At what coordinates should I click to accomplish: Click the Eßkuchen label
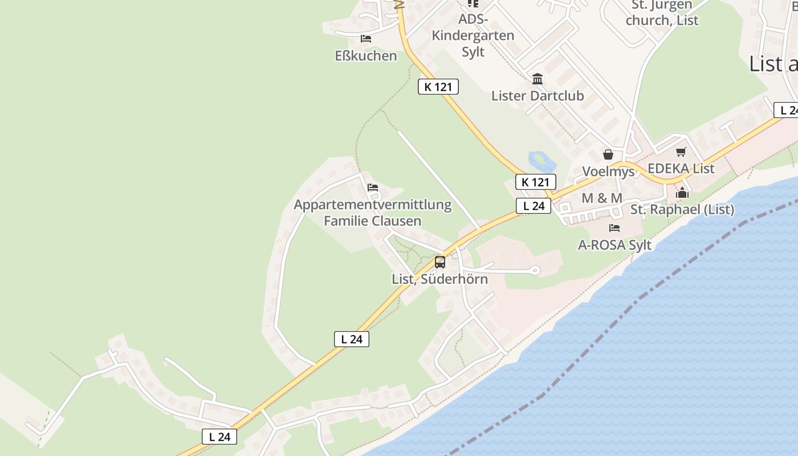pyautogui.click(x=365, y=55)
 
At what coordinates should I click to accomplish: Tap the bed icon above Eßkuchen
pyautogui.click(x=366, y=39)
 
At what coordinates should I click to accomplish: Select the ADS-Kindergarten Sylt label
pyautogui.click(x=473, y=35)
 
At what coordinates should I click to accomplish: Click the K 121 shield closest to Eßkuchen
pyautogui.click(x=438, y=87)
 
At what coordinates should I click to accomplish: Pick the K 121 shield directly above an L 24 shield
pyautogui.click(x=535, y=182)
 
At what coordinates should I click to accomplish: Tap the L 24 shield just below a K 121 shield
pyautogui.click(x=534, y=206)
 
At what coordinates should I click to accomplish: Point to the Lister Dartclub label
pyautogui.click(x=538, y=95)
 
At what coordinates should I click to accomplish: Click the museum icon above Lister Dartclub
pyautogui.click(x=538, y=79)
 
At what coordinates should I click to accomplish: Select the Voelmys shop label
pyautogui.click(x=608, y=172)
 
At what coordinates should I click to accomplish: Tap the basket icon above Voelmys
pyautogui.click(x=608, y=154)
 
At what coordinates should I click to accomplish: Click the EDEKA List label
pyautogui.click(x=681, y=168)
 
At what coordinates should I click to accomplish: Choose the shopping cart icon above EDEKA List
pyautogui.click(x=681, y=152)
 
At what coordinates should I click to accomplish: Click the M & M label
pyautogui.click(x=602, y=198)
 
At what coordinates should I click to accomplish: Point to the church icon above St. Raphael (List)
pyautogui.click(x=682, y=193)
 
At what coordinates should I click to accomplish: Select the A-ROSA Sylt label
pyautogui.click(x=614, y=245)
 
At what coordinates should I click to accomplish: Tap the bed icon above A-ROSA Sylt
pyautogui.click(x=614, y=228)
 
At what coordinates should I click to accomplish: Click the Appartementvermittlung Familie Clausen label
pyautogui.click(x=373, y=213)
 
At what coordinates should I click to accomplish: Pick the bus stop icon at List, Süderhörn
pyautogui.click(x=440, y=262)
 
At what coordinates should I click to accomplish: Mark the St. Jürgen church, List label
pyautogui.click(x=662, y=13)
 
